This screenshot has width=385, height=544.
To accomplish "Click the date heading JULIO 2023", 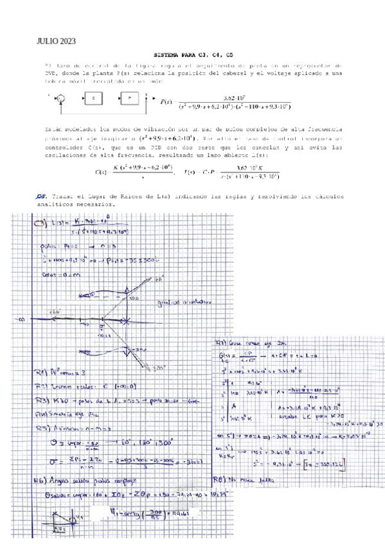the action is click(x=57, y=42).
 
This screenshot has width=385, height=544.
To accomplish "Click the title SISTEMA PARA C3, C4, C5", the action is click(x=195, y=55).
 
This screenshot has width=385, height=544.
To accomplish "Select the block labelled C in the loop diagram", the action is click(x=94, y=98).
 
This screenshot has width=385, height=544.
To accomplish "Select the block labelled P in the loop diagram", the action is click(x=130, y=98).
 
